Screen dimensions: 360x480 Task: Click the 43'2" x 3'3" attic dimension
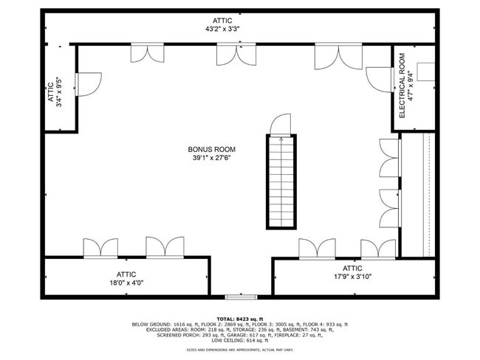click(222, 30)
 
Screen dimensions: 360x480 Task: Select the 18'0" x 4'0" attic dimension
click(126, 283)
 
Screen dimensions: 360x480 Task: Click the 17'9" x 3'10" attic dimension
click(352, 277)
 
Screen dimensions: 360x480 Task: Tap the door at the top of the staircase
click(280, 126)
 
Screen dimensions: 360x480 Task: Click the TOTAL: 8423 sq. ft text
click(239, 318)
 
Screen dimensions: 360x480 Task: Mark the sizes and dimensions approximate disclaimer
click(239, 349)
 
